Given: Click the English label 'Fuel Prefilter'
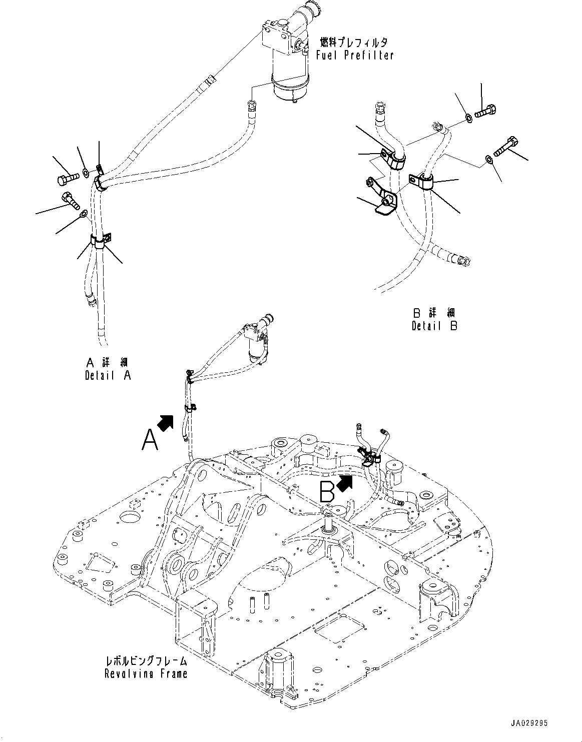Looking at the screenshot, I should coord(355,55).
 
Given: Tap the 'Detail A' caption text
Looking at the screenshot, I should coord(108,375).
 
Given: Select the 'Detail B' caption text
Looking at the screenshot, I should coord(434,326).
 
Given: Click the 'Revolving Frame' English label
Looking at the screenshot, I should coord(146,673).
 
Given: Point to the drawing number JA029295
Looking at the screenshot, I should coord(529,723).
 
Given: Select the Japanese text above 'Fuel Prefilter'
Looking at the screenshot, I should coord(355,43).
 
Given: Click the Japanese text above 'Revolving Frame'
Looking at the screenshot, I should coord(146,661).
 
